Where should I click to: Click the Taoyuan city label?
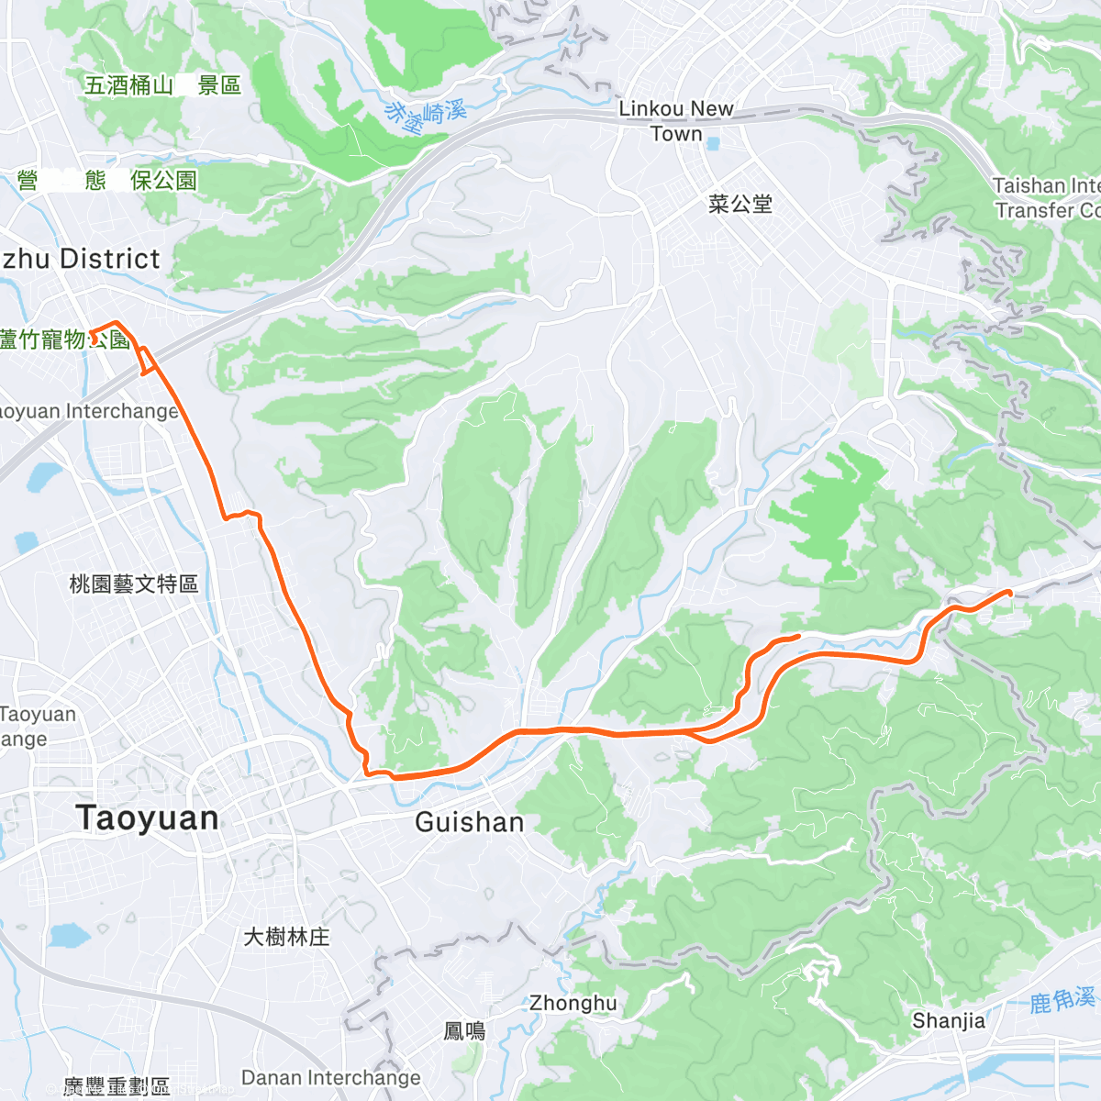149,818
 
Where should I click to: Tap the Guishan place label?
469,822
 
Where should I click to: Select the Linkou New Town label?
676,121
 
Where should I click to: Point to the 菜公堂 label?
740,204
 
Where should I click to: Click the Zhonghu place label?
573,1003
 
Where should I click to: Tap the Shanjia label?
949,1020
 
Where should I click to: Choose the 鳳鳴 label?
465,1031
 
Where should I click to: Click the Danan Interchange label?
331,1077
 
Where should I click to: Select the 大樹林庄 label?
286,937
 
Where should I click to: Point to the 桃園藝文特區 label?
134,584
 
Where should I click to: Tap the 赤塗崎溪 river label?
426,114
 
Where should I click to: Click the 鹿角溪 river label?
1062,999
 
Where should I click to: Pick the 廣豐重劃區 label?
117,1087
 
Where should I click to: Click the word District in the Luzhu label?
110,260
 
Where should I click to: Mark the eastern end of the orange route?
1009,593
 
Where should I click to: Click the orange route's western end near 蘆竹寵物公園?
91,332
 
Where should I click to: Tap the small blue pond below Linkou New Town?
714,144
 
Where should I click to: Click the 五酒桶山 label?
128,85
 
